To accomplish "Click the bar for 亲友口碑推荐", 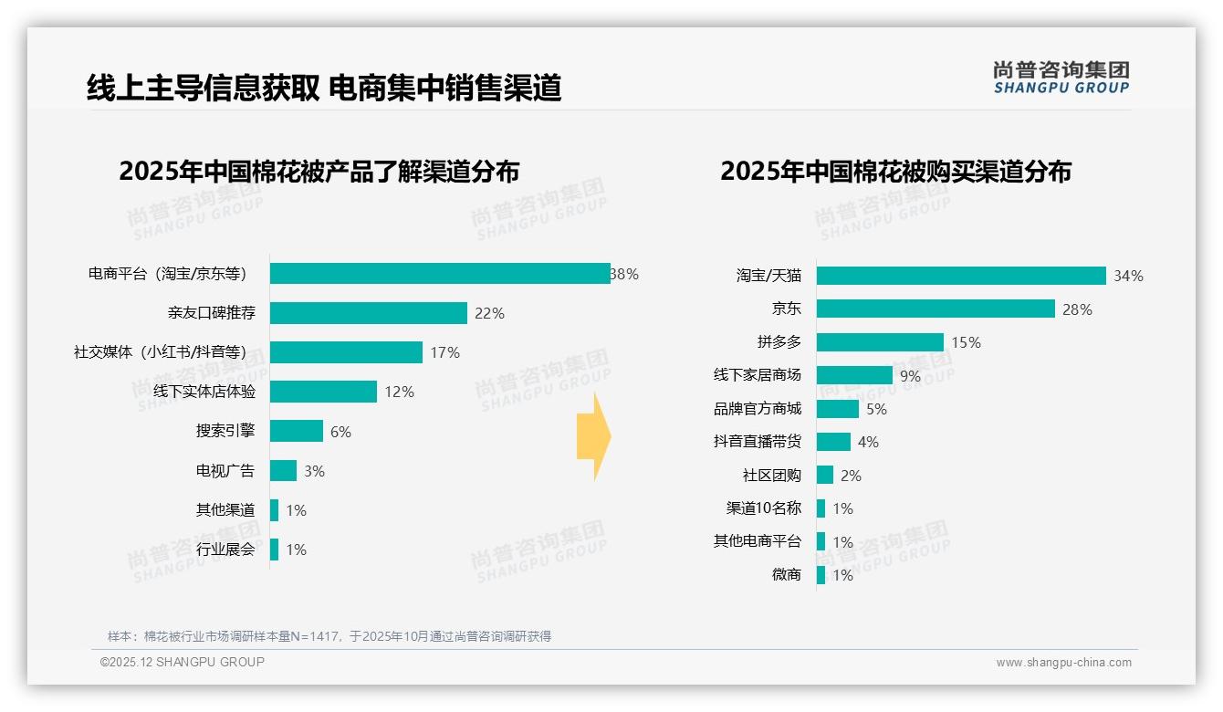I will (x=369, y=313).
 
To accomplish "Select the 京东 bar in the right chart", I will (x=936, y=309).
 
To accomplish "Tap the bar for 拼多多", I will (x=880, y=342).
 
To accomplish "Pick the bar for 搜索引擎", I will (x=297, y=431).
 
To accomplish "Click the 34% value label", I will (x=1128, y=276).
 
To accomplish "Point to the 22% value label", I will (x=489, y=313).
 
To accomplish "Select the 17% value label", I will (x=444, y=352).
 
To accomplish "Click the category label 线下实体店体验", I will (x=204, y=392).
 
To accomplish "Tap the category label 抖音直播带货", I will (x=757, y=442).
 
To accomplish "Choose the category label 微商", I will (x=786, y=575).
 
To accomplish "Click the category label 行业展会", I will (x=225, y=550).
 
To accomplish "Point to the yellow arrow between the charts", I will (x=593, y=437).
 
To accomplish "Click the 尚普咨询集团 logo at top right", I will (x=1061, y=77).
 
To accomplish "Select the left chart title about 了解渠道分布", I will (x=319, y=172).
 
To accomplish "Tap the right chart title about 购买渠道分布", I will (x=895, y=172).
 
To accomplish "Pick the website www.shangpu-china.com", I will (x=1063, y=663).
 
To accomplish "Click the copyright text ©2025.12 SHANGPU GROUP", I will (x=182, y=662).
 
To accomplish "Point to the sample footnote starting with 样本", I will (x=329, y=636).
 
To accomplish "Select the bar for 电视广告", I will (x=283, y=471).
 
